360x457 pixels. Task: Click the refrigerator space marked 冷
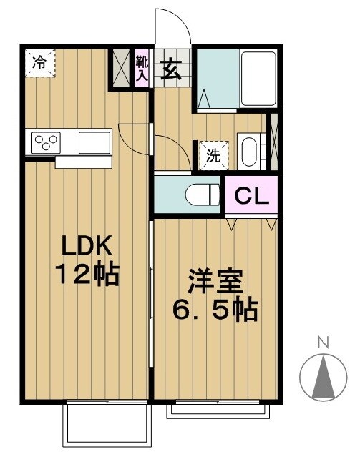tap(40, 63)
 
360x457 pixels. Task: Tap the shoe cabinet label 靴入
tap(142, 68)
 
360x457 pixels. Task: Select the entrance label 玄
tap(171, 69)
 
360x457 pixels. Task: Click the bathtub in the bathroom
tap(258, 79)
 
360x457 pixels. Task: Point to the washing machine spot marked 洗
tap(213, 155)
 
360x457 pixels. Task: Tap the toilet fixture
tap(203, 195)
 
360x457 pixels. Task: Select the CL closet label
tap(251, 197)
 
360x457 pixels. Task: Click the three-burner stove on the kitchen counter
tap(46, 142)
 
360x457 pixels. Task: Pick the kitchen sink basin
tap(94, 142)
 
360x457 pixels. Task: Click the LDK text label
tap(87, 246)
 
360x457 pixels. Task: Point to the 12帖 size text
tap(87, 274)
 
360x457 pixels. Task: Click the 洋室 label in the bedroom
tap(215, 282)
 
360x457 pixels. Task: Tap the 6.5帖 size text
tap(215, 310)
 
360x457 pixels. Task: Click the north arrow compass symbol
tap(323, 377)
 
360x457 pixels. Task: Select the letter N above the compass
tap(323, 343)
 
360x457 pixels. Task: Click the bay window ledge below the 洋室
tap(218, 411)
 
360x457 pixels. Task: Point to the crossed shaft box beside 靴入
tap(121, 68)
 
